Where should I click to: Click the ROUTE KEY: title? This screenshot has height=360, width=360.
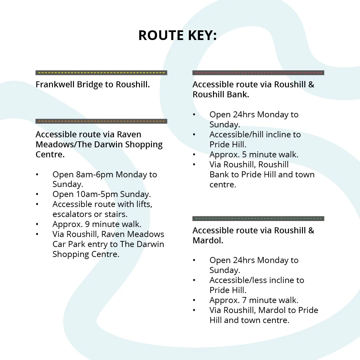tap(177, 36)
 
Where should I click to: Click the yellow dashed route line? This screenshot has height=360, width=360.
tap(101, 73)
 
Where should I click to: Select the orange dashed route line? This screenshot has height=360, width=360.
tap(101, 121)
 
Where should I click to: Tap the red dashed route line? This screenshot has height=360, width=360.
tap(258, 73)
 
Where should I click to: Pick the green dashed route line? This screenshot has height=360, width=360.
tap(258, 219)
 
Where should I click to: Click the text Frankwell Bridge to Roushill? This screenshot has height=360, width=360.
tap(93, 85)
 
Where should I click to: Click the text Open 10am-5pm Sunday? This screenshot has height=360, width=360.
tap(102, 194)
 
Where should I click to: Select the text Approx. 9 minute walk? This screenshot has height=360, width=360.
tap(97, 224)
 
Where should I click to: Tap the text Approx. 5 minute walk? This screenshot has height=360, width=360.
tap(254, 155)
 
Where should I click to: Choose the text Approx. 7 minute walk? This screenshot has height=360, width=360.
tap(254, 300)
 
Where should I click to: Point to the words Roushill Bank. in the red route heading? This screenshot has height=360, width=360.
tap(221, 95)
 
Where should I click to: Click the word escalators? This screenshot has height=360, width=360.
tap(72, 214)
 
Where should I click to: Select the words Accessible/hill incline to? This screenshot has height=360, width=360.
tap(255, 135)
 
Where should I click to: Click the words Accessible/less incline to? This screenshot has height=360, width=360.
tap(257, 280)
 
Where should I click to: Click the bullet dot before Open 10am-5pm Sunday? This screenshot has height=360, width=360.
tap(37, 194)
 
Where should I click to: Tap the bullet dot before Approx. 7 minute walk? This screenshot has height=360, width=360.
tap(194, 300)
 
